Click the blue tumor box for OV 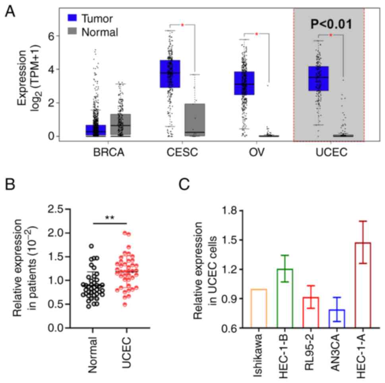[x=244, y=83]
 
